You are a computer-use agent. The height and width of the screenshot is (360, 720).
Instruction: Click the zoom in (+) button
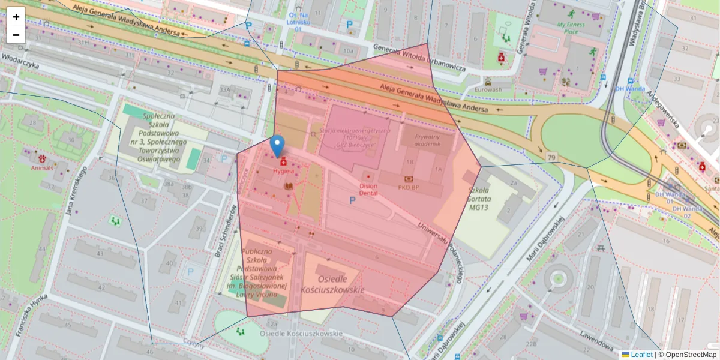(x=16, y=17)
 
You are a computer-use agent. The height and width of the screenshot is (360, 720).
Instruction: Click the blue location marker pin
(x=277, y=146)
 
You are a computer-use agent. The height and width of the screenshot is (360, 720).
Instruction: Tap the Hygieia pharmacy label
(x=284, y=170)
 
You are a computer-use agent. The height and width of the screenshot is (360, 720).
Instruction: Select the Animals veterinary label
(x=42, y=167)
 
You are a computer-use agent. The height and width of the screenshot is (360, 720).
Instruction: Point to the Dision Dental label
(x=368, y=190)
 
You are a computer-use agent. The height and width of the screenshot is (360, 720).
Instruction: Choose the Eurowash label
(x=487, y=89)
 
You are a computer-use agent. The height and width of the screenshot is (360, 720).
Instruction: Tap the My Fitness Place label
(x=571, y=28)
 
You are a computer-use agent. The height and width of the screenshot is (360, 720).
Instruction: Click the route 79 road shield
(x=551, y=157)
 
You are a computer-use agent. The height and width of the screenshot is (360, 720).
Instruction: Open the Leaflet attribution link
(x=641, y=355)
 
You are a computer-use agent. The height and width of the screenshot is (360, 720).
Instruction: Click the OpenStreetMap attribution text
(x=687, y=355)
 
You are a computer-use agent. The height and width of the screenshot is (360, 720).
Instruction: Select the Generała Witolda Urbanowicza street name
(x=419, y=58)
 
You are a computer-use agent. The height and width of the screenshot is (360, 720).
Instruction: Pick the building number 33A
(x=225, y=90)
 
